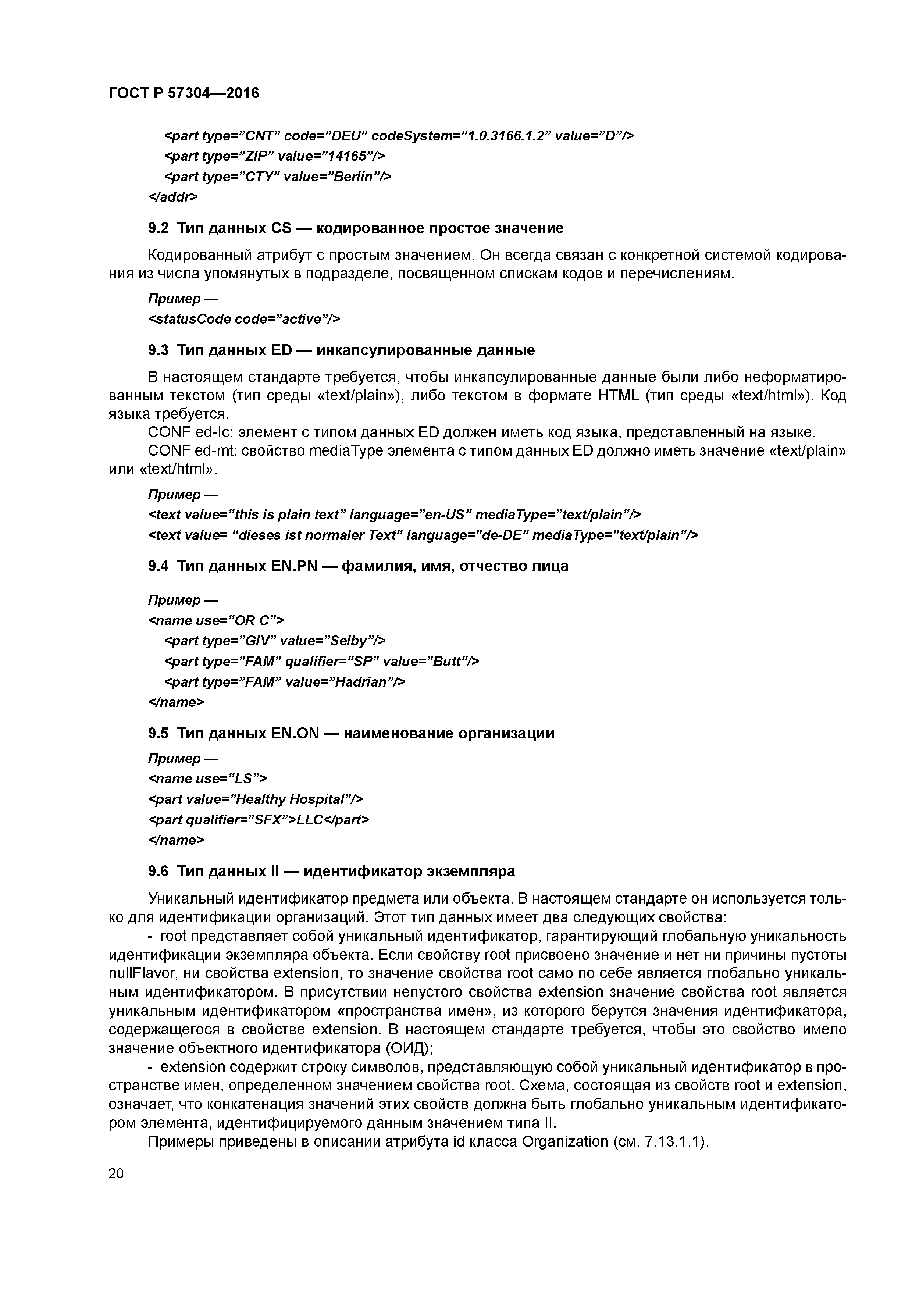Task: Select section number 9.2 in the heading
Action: [158, 229]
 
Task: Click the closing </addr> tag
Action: [172, 197]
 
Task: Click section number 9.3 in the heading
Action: [158, 350]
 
